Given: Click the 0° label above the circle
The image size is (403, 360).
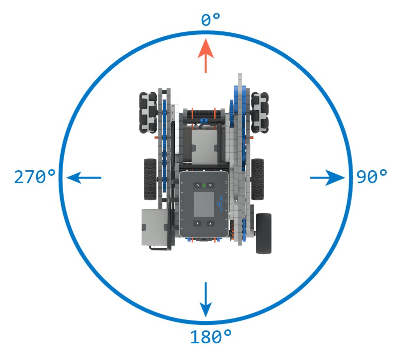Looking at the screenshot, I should point(210,20).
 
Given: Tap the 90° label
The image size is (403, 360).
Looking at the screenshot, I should point(372,177).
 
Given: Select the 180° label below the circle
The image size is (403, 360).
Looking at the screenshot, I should point(211,337).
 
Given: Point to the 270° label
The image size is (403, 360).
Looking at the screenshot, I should point(35,177).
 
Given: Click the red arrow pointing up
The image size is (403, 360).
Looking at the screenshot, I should point(206,55).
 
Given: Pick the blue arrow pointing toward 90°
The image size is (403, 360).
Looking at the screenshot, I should point(327,177).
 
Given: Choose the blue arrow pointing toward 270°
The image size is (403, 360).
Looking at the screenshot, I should point(84,177).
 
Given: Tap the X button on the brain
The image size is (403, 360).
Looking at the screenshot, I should point(210,185).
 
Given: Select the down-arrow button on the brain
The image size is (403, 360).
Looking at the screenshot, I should point(197,223).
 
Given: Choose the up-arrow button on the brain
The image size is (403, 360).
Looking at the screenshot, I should point(210,223).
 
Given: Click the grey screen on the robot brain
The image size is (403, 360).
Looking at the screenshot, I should point(204,204).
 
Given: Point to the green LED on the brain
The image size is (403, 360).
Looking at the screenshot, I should point(204,185).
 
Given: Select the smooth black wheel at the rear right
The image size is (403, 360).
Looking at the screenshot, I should point(264,233).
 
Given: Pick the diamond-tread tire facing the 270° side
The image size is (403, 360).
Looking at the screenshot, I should point(150,179).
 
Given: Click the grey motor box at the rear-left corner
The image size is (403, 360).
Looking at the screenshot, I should point(154,227).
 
